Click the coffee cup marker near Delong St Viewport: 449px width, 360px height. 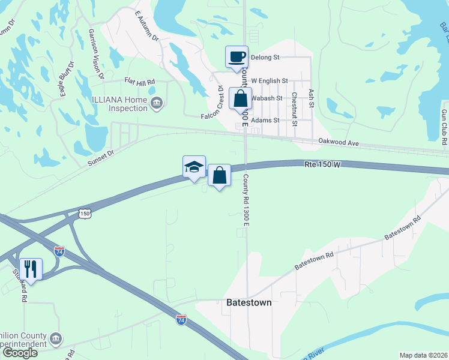[x=237, y=56]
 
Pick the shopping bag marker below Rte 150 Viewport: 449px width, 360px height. [x=220, y=175]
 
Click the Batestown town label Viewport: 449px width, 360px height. [x=249, y=303]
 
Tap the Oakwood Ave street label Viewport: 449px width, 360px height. [x=338, y=143]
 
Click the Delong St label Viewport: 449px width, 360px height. [x=265, y=58]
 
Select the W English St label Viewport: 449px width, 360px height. [x=270, y=80]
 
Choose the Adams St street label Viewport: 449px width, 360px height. [x=266, y=121]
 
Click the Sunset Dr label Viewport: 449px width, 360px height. [x=100, y=154]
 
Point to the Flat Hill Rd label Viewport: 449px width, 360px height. [x=139, y=81]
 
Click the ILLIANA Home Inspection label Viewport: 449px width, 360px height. [x=119, y=104]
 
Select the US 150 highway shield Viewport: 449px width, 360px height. [x=85, y=214]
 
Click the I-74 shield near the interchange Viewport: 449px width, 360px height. [x=59, y=251]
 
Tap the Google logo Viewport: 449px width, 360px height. [x=20, y=353]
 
